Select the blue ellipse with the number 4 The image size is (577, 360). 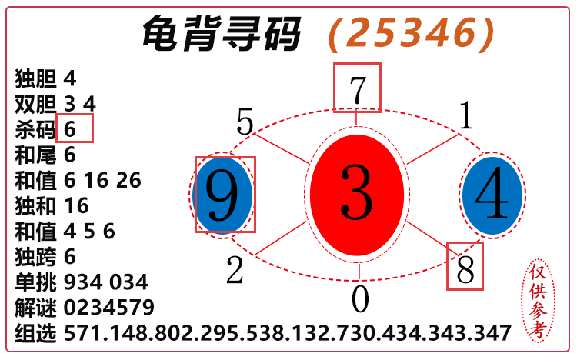point(492,195)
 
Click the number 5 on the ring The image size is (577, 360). point(245,122)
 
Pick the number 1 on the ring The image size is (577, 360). point(465,116)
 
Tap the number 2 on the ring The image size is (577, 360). point(235,270)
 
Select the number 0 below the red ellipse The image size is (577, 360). point(360,299)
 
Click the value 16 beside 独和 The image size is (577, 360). point(77,205)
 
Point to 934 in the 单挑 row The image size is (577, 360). point(81,282)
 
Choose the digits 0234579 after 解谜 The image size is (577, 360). point(109,308)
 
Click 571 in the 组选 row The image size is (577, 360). point(81,333)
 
